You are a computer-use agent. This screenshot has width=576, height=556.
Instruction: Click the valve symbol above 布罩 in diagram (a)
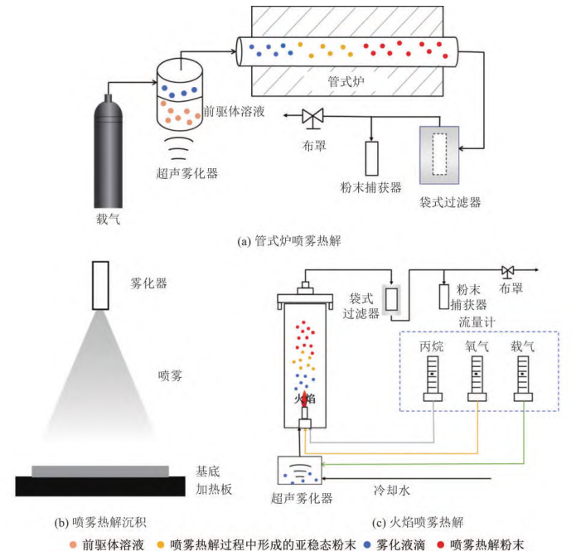tap(313, 118)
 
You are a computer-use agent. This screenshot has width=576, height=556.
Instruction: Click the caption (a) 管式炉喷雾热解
tap(288, 242)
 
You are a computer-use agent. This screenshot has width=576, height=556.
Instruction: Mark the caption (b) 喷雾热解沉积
tap(101, 522)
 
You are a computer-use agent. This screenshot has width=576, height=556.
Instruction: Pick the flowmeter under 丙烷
tap(433, 378)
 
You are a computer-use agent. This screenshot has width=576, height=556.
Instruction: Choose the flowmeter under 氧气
tap(478, 378)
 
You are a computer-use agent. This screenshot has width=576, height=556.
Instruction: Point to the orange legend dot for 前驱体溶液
tap(77, 544)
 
